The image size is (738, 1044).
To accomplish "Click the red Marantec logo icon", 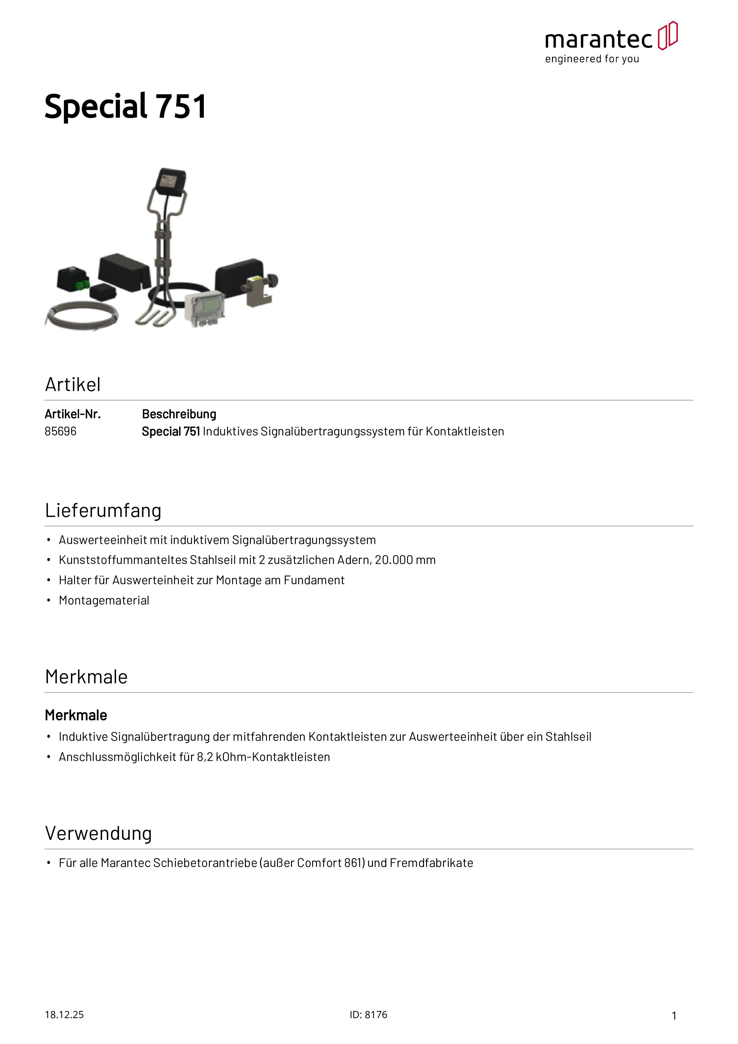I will pos(667,35).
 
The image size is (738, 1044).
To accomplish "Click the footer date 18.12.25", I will pos(64,1015).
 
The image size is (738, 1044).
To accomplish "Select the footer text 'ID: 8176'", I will pos(368,1015).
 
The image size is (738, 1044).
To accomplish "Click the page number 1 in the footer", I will pos(674,1015).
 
